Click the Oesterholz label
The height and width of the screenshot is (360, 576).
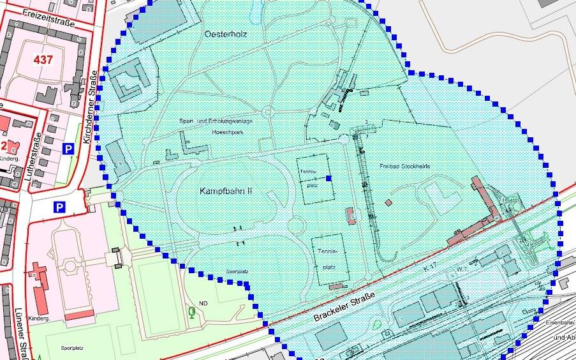(226, 33)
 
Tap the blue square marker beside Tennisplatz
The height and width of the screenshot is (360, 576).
(329, 178)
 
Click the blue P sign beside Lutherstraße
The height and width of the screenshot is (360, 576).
(68, 149)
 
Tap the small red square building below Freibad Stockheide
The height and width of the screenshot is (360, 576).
(388, 202)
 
